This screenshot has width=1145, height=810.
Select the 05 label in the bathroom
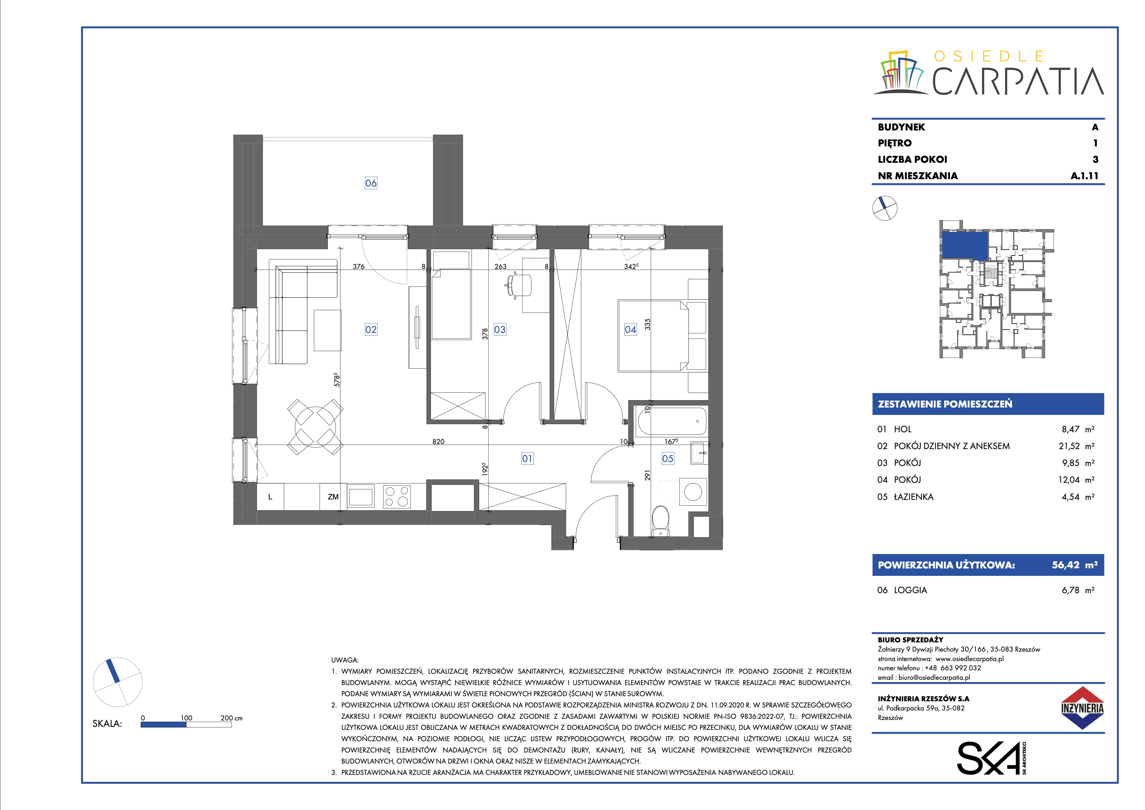668,458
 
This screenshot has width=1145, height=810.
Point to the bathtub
672,421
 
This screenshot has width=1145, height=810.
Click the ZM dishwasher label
333,497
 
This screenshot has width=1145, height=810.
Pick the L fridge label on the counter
270,497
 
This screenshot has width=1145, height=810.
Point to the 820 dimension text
438,441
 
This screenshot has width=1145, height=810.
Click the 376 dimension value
359,266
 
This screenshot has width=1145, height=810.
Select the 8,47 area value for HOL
1071,429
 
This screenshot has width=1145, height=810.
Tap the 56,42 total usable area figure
1066,565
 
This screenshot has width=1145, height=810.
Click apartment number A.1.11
1085,175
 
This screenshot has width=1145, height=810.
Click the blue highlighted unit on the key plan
965,245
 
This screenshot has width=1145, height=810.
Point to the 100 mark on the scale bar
186,718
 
